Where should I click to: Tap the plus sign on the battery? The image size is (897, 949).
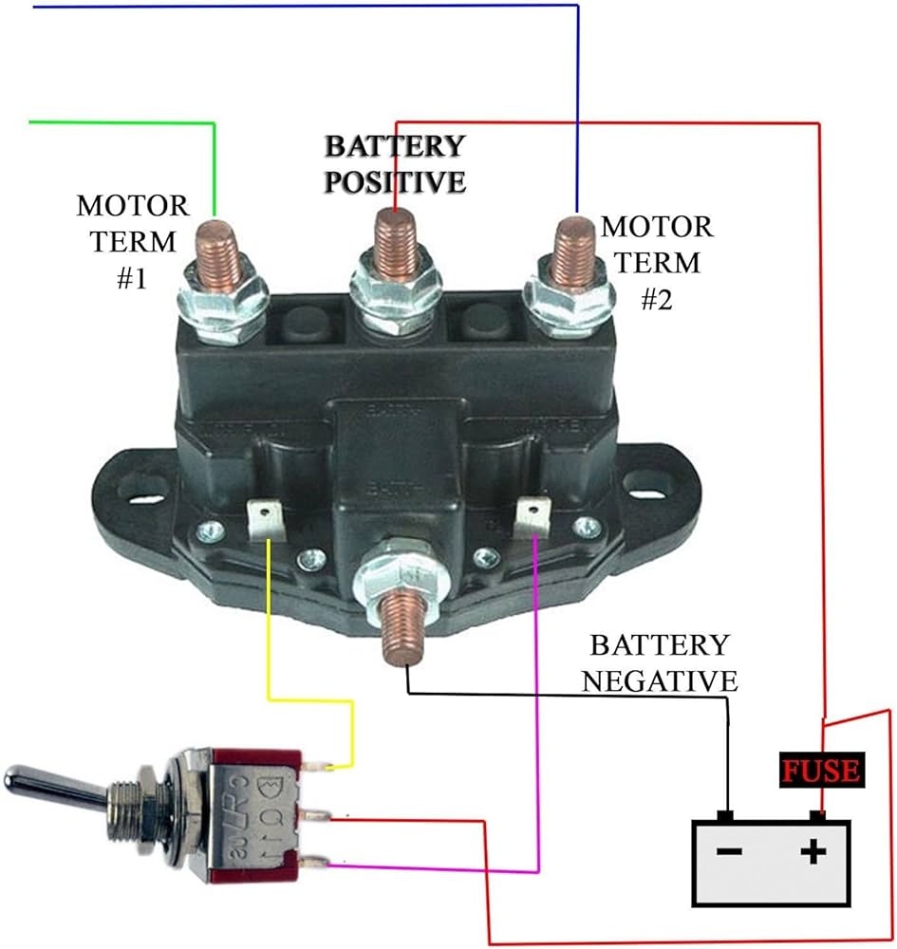(x=813, y=852)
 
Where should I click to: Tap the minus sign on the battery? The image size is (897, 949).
(x=729, y=852)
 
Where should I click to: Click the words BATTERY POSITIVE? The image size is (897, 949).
(x=395, y=163)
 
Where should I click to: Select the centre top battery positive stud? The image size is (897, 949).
(x=393, y=236)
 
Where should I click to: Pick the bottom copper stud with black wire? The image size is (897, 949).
(x=398, y=631)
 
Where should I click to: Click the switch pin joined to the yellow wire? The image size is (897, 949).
(x=318, y=765)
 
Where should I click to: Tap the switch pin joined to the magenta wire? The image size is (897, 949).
(x=318, y=863)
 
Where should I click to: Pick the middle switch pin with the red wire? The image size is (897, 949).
(x=318, y=814)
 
